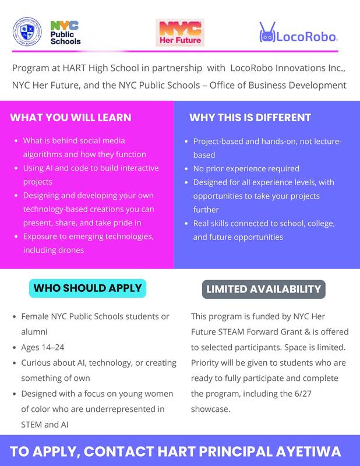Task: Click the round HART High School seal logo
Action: [28, 33]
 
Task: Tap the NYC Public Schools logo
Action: [65, 33]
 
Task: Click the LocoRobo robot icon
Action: [267, 33]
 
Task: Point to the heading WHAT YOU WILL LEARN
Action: [70, 118]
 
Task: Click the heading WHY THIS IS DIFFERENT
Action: [250, 118]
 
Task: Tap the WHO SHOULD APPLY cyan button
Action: [87, 288]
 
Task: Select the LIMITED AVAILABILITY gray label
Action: [263, 288]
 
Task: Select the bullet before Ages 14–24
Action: [14, 347]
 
